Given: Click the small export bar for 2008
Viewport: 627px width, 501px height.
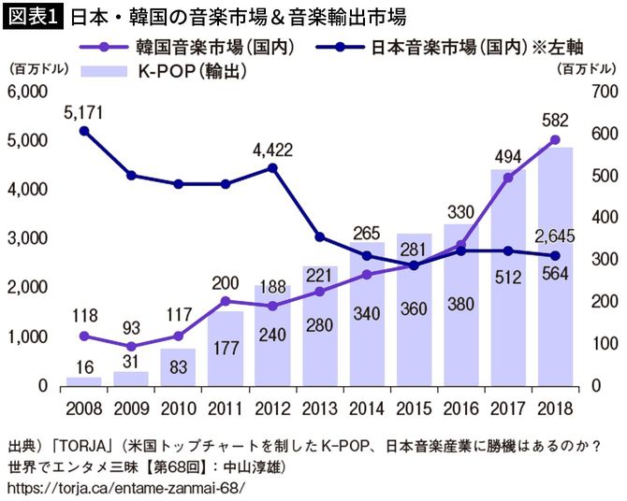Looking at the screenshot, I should pos(83,381).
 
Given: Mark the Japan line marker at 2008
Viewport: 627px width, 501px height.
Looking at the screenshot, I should pos(83,132).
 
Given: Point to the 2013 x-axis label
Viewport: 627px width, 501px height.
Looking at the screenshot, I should pos(319,408).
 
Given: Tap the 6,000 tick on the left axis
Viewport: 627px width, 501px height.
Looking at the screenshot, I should pos(28,92).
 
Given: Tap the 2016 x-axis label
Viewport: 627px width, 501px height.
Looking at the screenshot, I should pos(460,408).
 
